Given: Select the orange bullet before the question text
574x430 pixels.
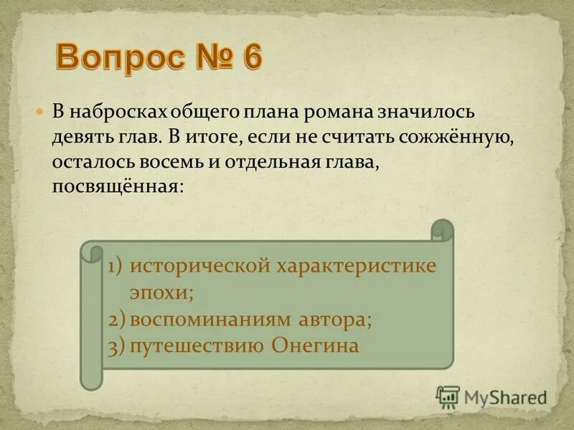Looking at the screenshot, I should [40, 113].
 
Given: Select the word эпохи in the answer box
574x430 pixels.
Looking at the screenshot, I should [161, 292].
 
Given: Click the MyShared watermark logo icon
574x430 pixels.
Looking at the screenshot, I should [448, 396].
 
